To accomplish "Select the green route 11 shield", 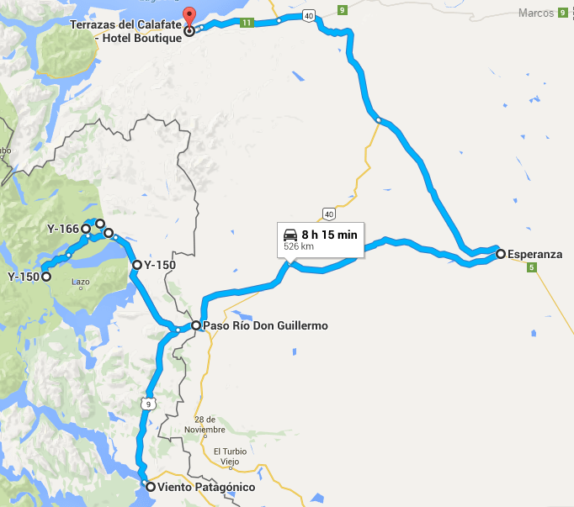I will tap(246, 23).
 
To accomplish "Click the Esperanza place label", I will tap(534, 253).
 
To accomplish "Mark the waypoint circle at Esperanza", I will tap(501, 253).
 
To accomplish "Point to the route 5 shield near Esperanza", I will tap(531, 268).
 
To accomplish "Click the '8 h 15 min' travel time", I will tap(331, 235).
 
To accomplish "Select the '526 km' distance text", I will tap(299, 247).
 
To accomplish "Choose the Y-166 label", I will tap(63, 229).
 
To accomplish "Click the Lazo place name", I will tap(81, 282).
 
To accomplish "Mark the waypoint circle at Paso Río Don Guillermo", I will tap(195, 325).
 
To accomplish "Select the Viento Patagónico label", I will tap(205, 487).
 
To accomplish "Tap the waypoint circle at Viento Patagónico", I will tap(150, 486).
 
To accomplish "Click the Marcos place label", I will tap(536, 13).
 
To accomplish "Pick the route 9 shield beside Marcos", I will tap(561, 13).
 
